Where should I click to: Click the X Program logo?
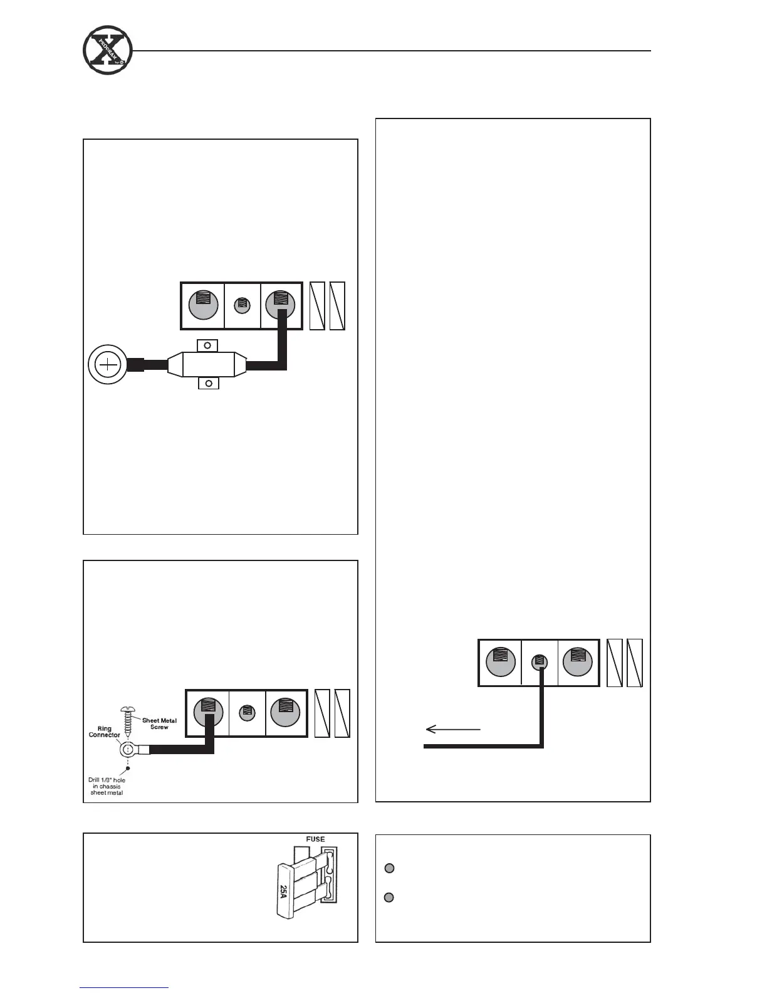(x=107, y=51)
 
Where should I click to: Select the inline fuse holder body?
(x=207, y=364)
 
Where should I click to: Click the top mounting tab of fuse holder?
(x=207, y=345)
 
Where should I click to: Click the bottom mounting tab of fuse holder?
(x=208, y=383)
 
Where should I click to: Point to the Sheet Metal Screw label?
(x=160, y=723)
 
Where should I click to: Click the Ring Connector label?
(x=104, y=732)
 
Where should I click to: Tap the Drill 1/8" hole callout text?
(x=107, y=786)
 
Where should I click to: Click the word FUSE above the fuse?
(x=315, y=839)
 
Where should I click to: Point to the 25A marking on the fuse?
(x=283, y=893)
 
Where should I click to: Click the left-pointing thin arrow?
(x=452, y=729)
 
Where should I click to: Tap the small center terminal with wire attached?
(x=539, y=662)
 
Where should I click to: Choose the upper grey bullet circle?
(x=389, y=868)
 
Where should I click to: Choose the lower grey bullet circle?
(x=389, y=898)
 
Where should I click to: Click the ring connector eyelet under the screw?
(x=128, y=749)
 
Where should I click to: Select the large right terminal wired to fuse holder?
(x=280, y=305)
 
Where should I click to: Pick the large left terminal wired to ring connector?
(x=208, y=713)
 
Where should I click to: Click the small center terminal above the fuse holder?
(x=242, y=305)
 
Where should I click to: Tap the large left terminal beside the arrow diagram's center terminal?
(x=500, y=662)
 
